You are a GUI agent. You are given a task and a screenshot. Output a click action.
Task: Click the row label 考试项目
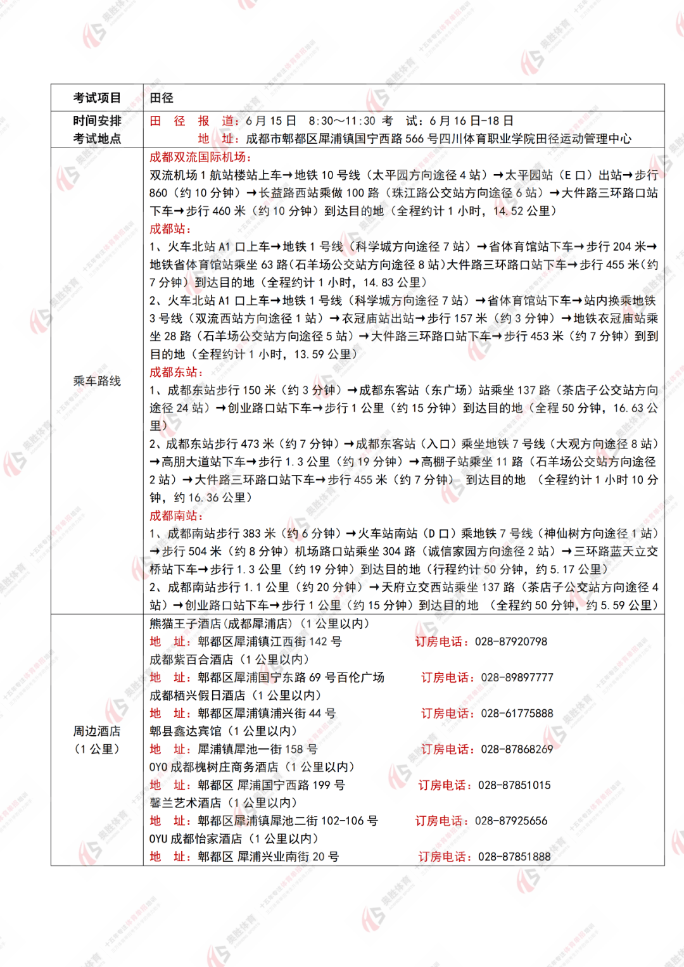pos(97,98)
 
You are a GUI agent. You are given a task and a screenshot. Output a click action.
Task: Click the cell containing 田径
pos(161,98)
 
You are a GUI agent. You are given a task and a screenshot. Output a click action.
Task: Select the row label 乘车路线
pos(97,381)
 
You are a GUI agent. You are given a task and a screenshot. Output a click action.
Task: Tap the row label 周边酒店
pos(97,731)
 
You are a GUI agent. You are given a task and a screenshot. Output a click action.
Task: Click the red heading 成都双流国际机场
pos(198,157)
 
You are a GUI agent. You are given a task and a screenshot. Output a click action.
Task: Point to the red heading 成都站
pos(168,229)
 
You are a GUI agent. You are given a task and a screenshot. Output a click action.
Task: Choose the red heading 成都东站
pos(174,372)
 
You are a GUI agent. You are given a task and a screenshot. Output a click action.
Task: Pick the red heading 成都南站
pos(174,515)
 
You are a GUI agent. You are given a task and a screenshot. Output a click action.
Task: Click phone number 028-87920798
pos(511,642)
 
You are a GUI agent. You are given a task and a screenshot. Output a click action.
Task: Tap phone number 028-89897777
pos(517,678)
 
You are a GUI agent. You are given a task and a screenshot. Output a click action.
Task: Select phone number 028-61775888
pos(517,713)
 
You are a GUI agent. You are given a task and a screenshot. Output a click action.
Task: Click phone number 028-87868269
pos(517,749)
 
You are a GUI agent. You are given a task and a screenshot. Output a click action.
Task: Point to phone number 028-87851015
pos(514,785)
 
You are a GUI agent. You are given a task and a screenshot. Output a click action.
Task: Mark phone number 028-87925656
pos(511,821)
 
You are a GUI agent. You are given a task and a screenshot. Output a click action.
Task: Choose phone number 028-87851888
pos(514,857)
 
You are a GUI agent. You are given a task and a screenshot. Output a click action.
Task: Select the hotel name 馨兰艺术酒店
pos(186,803)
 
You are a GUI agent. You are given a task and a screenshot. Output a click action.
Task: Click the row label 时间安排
pos(97,121)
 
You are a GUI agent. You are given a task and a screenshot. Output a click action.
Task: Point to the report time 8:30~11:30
pos(342,121)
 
